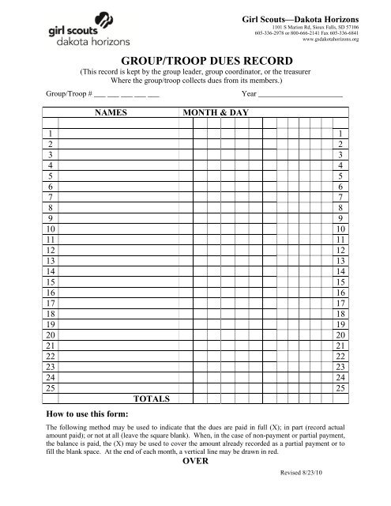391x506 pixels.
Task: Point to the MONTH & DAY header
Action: (x=216, y=114)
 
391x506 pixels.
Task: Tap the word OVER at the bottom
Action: (x=195, y=463)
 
